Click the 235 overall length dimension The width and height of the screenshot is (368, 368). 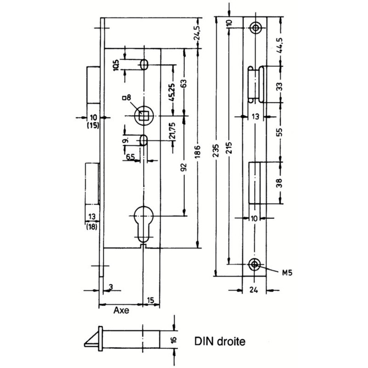coord(216,150)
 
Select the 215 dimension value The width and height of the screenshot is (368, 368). coord(229,147)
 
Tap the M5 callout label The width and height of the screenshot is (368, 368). coord(287,273)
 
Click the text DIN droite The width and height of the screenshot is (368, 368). coord(220,341)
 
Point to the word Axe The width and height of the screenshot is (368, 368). coord(121,310)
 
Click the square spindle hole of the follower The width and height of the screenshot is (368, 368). coord(143,115)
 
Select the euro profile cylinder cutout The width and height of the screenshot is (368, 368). coord(144,224)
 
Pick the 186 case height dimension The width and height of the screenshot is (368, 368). coord(197,151)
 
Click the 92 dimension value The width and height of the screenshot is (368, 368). coord(184,167)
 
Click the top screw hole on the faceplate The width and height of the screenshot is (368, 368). coord(255,28)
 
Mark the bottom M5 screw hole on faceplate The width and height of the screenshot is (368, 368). coord(254,264)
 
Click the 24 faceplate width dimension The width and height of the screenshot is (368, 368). coord(253,290)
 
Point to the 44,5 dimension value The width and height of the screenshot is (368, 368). coord(280,46)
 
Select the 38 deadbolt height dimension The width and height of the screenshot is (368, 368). coord(280,183)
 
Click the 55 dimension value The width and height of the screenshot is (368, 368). coord(280,132)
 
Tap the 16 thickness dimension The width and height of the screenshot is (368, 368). coord(174,339)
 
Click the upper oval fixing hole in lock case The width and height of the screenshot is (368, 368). coord(144,64)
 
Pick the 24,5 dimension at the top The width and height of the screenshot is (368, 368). coord(197,33)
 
